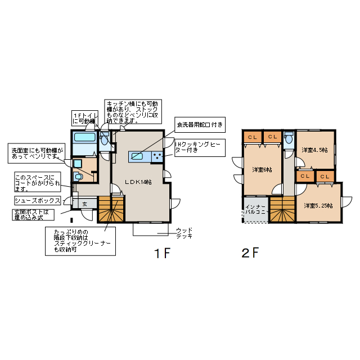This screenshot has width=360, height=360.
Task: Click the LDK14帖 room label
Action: tap(139, 182)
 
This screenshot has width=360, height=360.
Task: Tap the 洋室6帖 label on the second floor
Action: tap(262, 169)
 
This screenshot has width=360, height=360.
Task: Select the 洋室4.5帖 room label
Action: tap(314, 150)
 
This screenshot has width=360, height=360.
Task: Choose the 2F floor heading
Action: tap(250, 253)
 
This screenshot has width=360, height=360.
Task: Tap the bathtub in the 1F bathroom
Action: tap(85, 138)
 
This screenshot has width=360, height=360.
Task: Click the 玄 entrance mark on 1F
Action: tap(84, 204)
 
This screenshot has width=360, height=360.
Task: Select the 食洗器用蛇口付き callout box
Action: tap(200, 124)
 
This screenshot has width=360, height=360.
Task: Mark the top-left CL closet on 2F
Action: tap(253, 137)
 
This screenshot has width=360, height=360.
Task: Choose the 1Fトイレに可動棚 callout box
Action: tap(84, 117)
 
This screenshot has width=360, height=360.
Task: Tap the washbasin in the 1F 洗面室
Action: tap(78, 164)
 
